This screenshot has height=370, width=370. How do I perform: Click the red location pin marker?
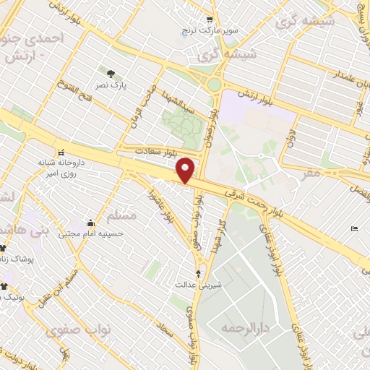[186, 169]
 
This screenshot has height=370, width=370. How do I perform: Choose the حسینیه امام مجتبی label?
[90, 234]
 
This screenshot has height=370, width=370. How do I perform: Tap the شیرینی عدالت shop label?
[198, 285]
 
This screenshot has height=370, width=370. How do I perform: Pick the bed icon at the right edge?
[353, 228]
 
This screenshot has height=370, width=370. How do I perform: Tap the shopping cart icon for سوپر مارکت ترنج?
[209, 20]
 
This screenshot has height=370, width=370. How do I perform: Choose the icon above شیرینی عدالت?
[198, 273]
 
